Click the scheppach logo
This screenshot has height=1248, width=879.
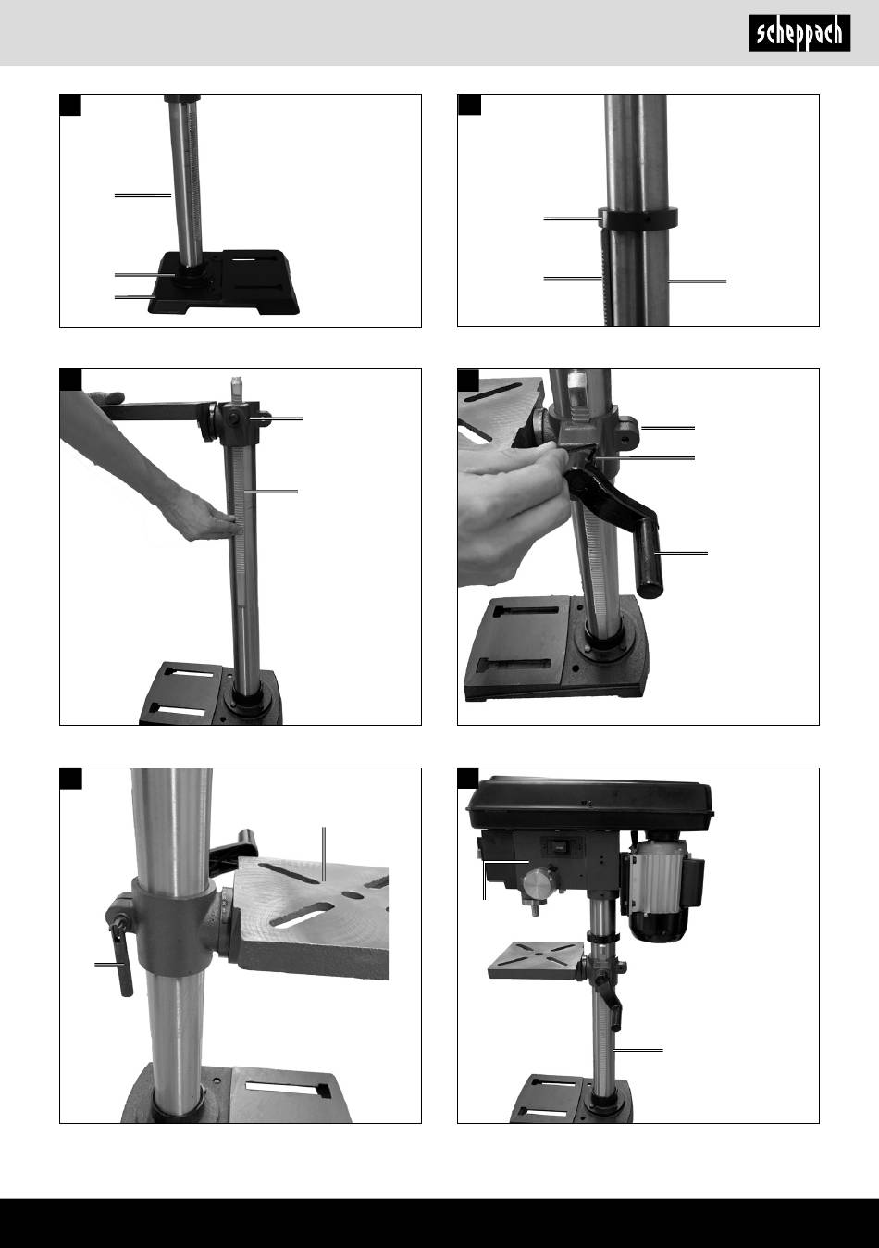pos(799,33)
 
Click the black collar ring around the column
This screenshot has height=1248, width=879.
pos(638,218)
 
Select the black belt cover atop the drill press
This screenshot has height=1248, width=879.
pos(590,803)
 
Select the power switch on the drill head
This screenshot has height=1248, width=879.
pos(556,846)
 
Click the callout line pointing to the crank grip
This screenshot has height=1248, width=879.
pos(681,554)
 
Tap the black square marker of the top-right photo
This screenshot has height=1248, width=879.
pos(469,106)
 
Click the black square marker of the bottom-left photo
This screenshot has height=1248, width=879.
pos(70,779)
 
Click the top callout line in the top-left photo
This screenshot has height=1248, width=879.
pos(142,195)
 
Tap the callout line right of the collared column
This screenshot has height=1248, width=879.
pos(697,281)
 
